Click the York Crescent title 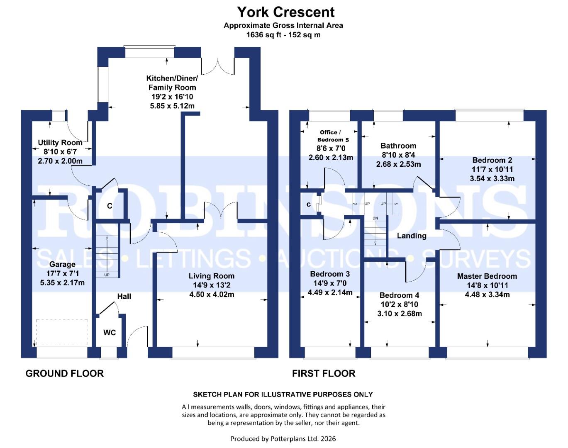[285, 12]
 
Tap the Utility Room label [60, 143]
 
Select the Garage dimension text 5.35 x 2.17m [62, 282]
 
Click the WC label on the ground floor [110, 333]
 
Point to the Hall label [124, 296]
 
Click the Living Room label [211, 276]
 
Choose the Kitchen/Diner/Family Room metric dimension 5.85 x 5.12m [172, 106]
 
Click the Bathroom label [398, 146]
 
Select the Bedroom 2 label [492, 160]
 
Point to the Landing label [411, 236]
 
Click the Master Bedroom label [487, 276]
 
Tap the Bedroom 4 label [399, 295]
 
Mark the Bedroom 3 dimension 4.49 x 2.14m [330, 292]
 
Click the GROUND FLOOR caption [65, 373]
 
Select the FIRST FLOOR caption [324, 373]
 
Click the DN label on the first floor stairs [375, 218]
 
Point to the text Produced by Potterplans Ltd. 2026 [283, 438]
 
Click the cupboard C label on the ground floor [110, 206]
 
